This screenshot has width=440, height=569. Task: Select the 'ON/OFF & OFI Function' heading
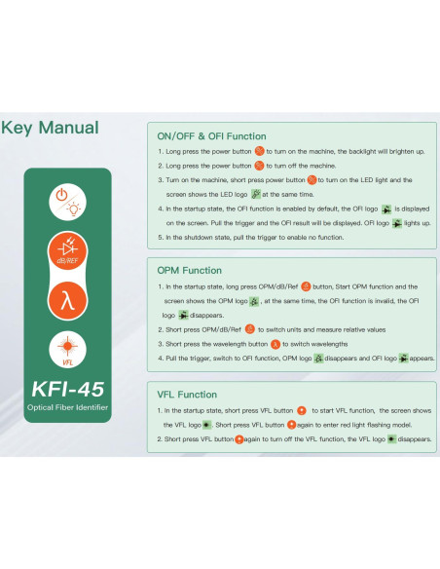point(211,137)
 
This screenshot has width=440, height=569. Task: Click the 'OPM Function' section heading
point(189,269)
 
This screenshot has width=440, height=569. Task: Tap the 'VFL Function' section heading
point(187,395)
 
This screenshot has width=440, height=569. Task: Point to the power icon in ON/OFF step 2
point(259,166)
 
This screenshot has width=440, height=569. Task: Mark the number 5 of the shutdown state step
point(160,237)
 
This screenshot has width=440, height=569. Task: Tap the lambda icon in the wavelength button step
point(275,344)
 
